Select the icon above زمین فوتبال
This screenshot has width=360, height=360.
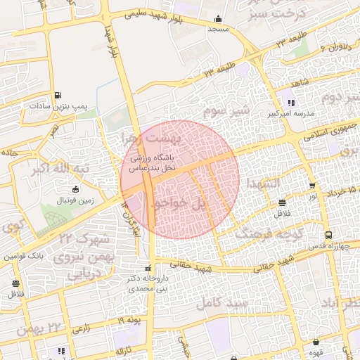tap(76, 188)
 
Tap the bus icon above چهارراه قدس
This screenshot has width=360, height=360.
tap(328, 236)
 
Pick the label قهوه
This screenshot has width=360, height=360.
tap(316, 354)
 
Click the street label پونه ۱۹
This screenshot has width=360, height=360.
tap(129, 321)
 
